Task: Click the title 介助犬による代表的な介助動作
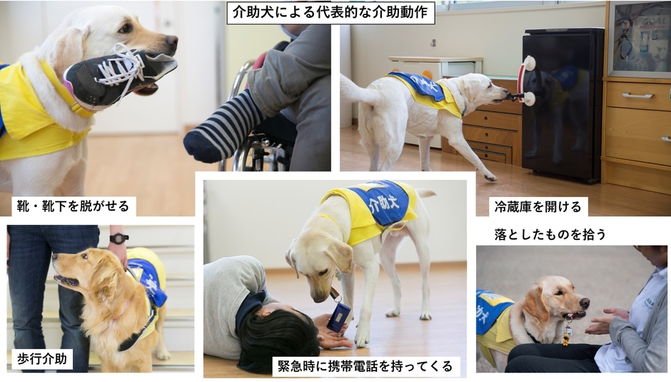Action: point(331,12)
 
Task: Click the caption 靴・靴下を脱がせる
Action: point(74,206)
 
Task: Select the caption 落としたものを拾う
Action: point(549,233)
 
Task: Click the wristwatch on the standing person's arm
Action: point(118,238)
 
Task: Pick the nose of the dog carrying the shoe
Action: point(171,42)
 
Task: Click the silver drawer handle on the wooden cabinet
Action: point(637,95)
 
